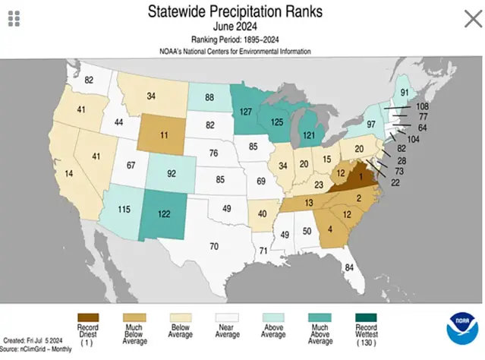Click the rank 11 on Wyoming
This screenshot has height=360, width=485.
coord(164,138)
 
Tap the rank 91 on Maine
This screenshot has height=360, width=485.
coord(405,93)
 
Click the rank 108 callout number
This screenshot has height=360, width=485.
coord(423,107)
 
